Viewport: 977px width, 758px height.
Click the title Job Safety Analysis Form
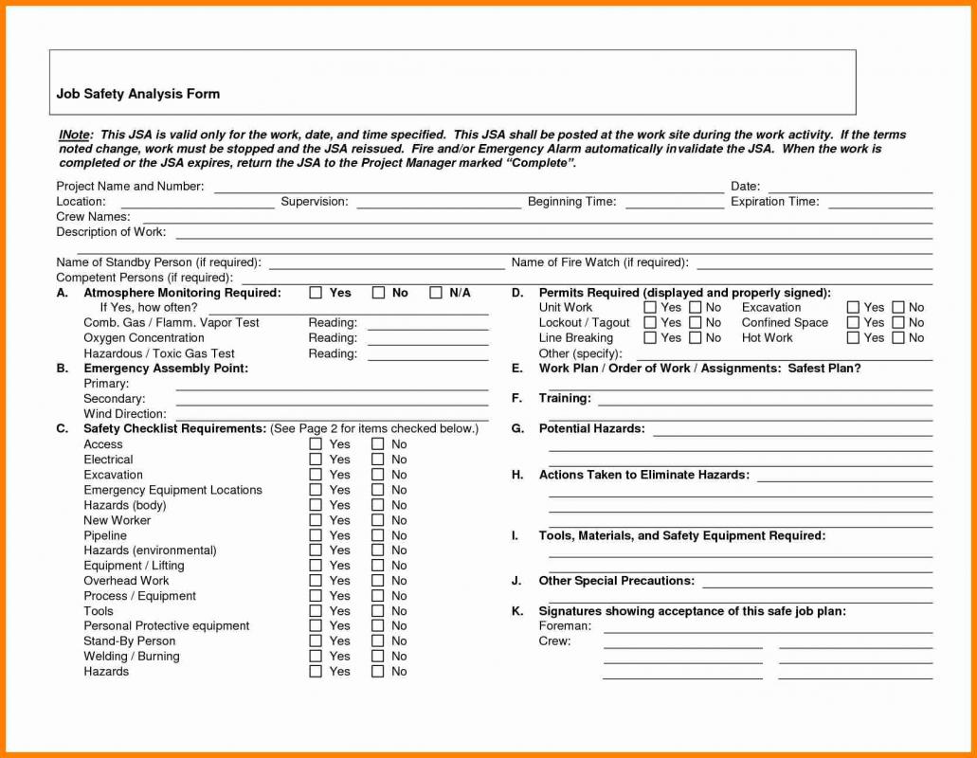coord(137,94)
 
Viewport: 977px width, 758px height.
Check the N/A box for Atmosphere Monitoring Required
coord(436,293)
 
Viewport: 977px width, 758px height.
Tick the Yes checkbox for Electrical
coord(316,460)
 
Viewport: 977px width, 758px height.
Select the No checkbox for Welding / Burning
coord(377,657)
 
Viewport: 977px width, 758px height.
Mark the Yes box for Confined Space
coord(853,323)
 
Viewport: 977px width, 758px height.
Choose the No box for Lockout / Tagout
coord(696,323)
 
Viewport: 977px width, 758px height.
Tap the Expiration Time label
coord(774,202)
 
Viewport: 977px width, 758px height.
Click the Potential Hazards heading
coord(591,429)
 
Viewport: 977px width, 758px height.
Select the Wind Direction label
coord(124,414)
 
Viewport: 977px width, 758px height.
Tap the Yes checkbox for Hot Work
coord(853,338)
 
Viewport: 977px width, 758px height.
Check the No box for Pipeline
coord(377,535)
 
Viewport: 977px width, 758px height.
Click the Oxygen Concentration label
coord(143,338)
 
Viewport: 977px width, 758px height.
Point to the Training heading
coord(565,399)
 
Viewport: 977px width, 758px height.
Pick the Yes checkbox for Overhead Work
coord(316,581)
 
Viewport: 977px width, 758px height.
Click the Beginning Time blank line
coord(674,204)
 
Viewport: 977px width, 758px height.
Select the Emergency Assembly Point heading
coord(166,369)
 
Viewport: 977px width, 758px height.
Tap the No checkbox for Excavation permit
coord(898,308)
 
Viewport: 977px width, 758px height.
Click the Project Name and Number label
coord(130,187)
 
